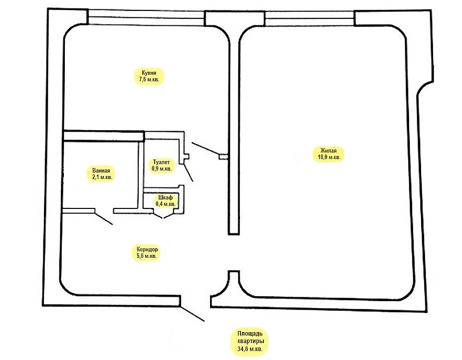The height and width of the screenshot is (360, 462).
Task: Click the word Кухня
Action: pos(149,73)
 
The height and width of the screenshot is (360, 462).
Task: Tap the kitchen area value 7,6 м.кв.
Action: pos(149,79)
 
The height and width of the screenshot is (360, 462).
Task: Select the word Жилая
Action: pos(328,151)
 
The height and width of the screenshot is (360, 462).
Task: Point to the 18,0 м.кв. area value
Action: pos(329,157)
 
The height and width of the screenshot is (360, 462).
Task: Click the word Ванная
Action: pos(101,171)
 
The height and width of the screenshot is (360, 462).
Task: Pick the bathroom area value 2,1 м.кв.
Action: pos(102,177)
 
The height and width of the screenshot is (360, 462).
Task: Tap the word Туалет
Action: pos(162,162)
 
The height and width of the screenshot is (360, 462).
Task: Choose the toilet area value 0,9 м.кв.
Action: pos(162,169)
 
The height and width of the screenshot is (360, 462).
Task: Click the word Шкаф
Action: pos(165,197)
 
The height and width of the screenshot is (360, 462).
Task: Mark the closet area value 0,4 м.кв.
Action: pos(166,204)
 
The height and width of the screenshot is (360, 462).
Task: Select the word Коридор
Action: pos(147,249)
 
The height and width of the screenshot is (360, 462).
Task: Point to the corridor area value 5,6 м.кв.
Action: pos(147,255)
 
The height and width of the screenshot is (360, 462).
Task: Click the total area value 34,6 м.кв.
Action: pos(250,349)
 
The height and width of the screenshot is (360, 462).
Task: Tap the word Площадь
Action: pos(250,334)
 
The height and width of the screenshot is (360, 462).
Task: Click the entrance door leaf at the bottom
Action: pos(192,314)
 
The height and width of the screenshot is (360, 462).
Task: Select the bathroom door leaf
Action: pos(103,218)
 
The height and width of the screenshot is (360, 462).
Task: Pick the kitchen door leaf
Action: pos(206,149)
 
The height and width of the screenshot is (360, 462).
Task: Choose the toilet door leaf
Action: pos(189,173)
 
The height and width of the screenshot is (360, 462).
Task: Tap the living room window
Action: pos(309,18)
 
